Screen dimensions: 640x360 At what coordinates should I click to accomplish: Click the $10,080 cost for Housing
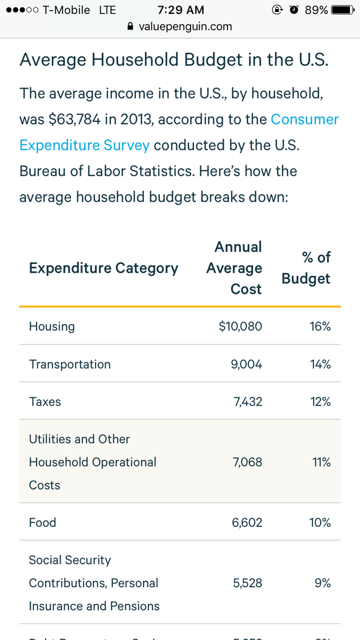[x=240, y=327]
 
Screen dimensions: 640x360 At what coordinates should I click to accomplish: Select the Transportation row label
[x=69, y=364]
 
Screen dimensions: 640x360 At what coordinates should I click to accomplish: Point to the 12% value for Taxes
[x=320, y=402]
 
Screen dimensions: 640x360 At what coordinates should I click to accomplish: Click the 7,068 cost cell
[x=247, y=462]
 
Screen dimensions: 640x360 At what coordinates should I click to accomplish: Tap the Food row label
[x=42, y=523]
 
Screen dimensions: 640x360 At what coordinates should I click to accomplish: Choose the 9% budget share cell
[x=322, y=583]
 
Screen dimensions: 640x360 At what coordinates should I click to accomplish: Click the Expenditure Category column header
[x=103, y=268]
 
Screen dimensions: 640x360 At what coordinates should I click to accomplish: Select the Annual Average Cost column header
[x=234, y=268]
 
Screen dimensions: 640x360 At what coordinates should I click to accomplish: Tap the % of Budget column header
[x=306, y=268]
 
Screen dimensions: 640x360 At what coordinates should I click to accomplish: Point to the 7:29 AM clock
[x=180, y=10]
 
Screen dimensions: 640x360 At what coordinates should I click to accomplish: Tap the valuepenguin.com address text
[x=185, y=27]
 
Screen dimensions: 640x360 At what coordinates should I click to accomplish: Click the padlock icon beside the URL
[x=131, y=27]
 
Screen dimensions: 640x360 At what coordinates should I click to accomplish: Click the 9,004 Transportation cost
[x=246, y=364]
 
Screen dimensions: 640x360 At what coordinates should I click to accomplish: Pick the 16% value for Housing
[x=320, y=327]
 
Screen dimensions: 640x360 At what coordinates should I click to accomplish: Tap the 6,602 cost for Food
[x=247, y=523]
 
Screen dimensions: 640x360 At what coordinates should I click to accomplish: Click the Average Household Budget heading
[x=174, y=60]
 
